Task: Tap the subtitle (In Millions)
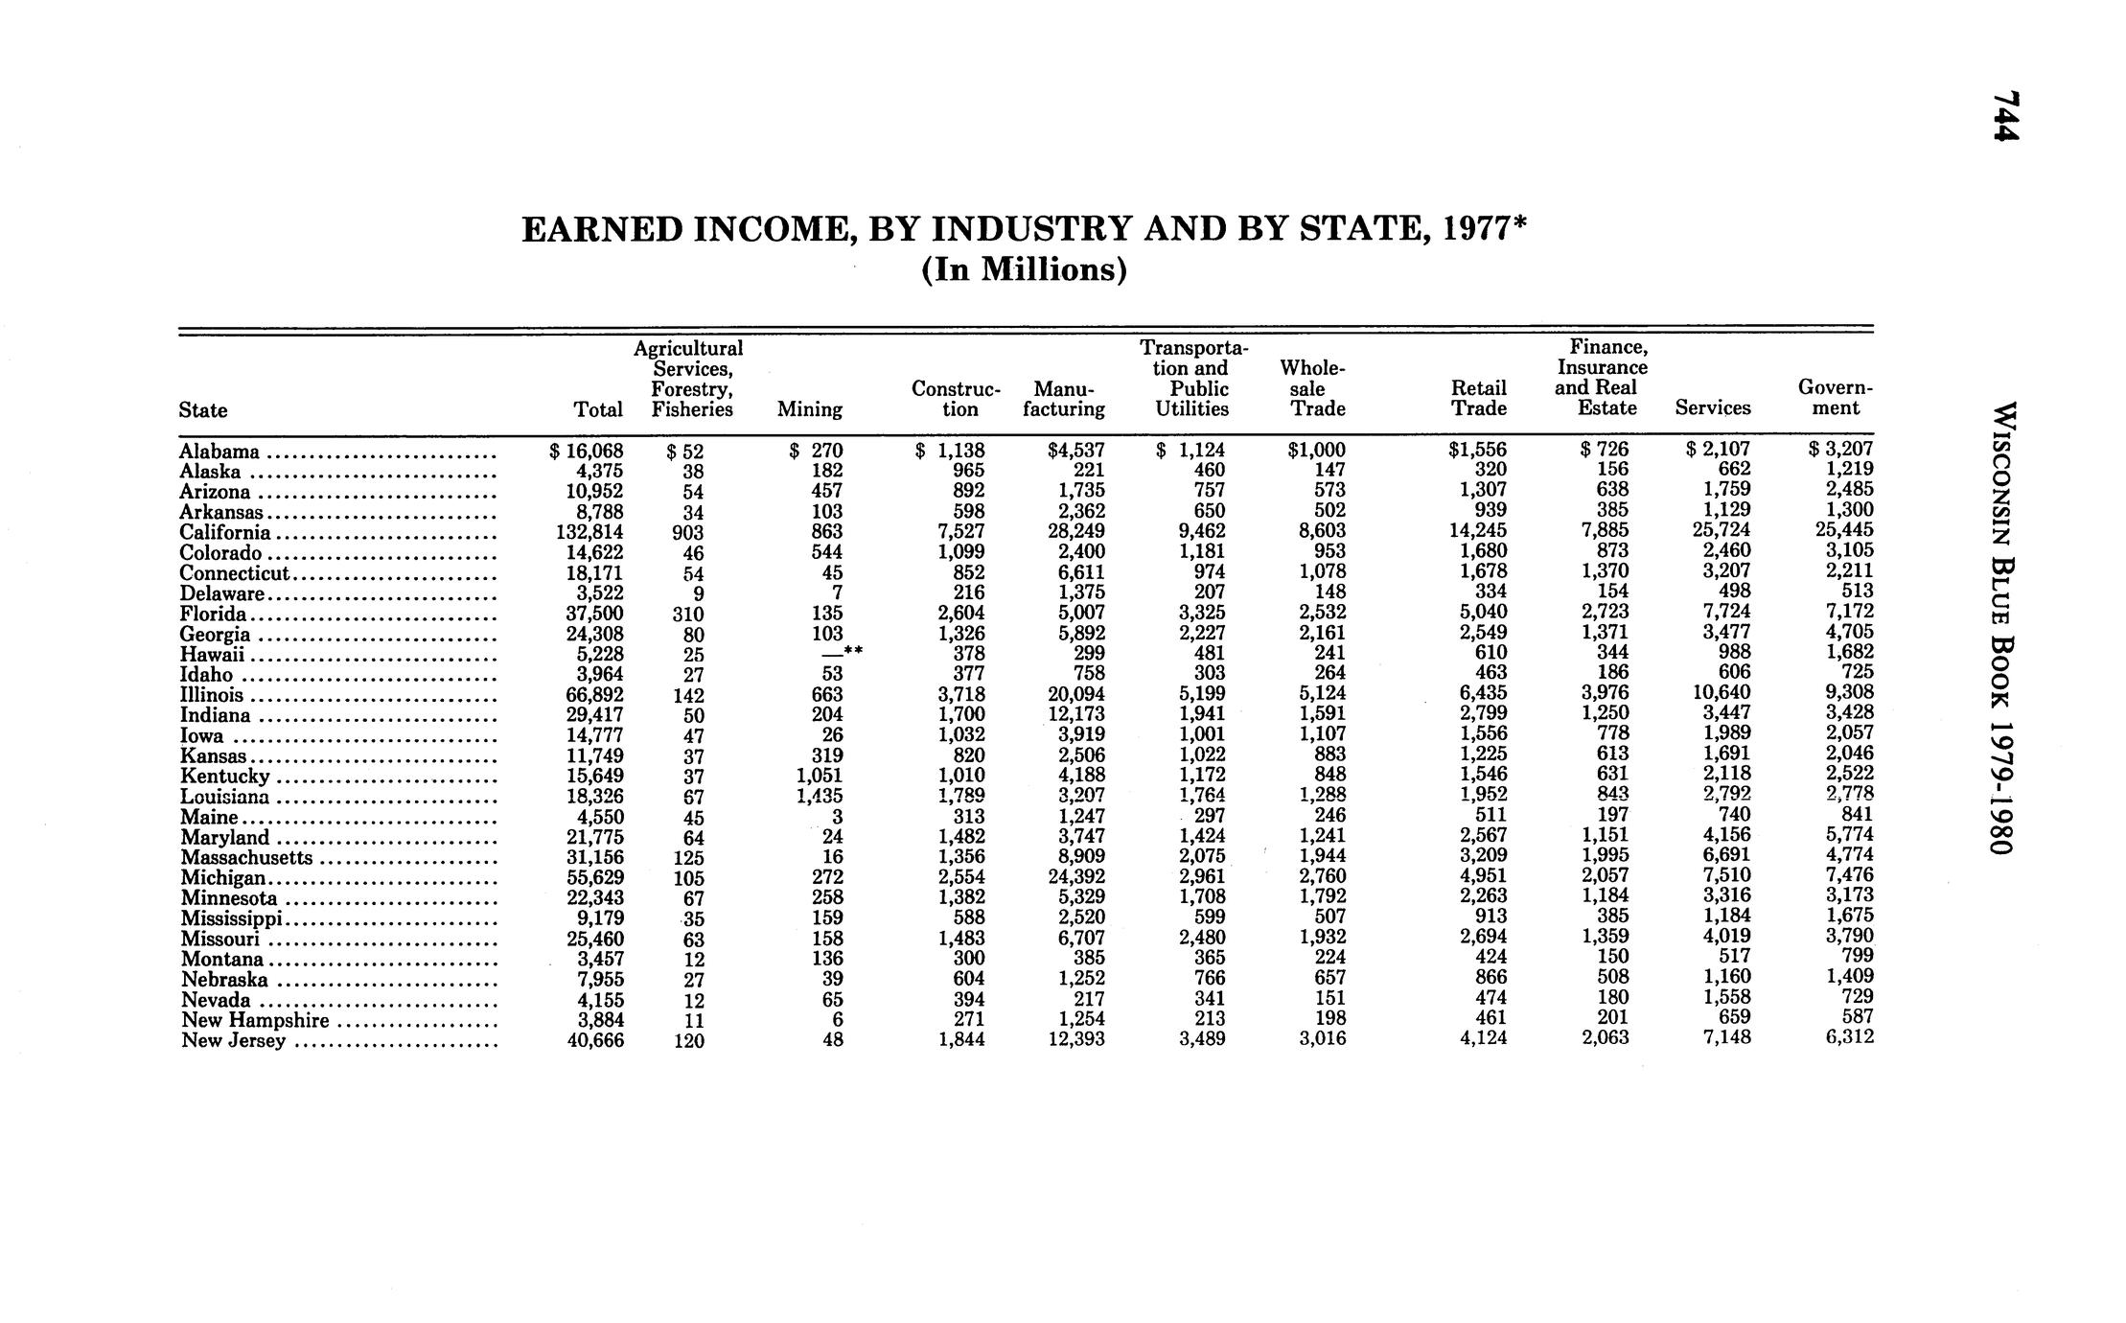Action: pyautogui.click(x=1024, y=270)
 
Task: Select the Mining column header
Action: pyautogui.click(x=809, y=410)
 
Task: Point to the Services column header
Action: pyautogui.click(x=1712, y=408)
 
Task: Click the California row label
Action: pyautogui.click(x=225, y=532)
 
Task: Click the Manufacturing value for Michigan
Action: pyautogui.click(x=1076, y=876)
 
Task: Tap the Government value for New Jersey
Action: pyautogui.click(x=1849, y=1037)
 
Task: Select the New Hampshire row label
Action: pyautogui.click(x=255, y=1020)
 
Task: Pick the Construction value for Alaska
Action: pyautogui.click(x=961, y=471)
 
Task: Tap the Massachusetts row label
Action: pyautogui.click(x=246, y=857)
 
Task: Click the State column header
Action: pyautogui.click(x=202, y=410)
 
